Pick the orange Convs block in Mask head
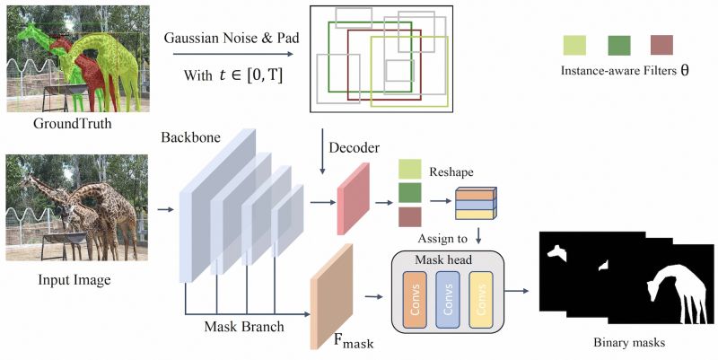coord(412,300)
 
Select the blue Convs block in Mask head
coord(447,300)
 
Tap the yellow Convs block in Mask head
coord(481,300)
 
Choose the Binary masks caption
coord(628,343)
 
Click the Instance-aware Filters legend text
coord(625,70)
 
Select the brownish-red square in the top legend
coord(662,45)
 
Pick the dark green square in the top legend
coord(619,45)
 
